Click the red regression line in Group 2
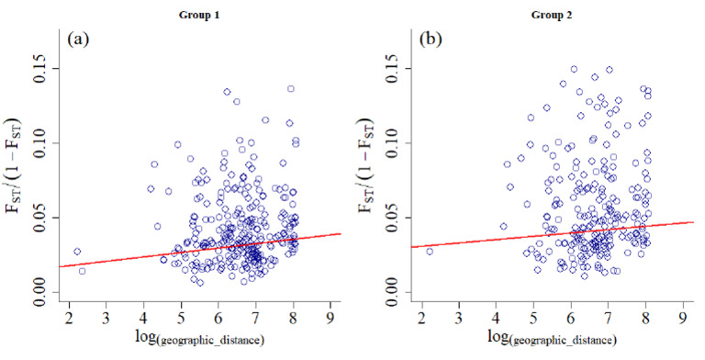(551, 233)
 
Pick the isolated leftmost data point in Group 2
(429, 251)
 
